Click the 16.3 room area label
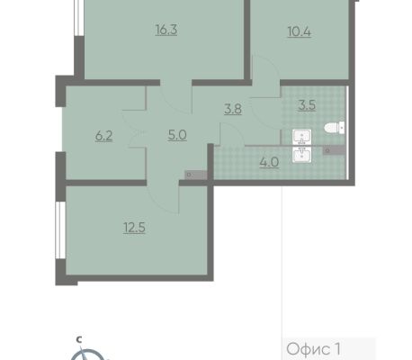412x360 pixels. coord(166,30)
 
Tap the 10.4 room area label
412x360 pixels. coord(299,31)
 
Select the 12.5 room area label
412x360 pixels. coord(134,228)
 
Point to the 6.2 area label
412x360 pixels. coord(103,136)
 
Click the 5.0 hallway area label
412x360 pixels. coord(177,135)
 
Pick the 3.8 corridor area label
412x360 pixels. coord(233,109)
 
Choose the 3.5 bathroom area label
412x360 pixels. coord(307,105)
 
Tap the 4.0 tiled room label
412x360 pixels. coord(269,162)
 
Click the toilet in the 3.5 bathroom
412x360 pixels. coord(335,128)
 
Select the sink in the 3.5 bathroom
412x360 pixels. coord(301,137)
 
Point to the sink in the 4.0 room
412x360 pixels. coord(301,155)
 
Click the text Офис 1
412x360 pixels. coord(313,349)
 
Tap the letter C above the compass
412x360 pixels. coord(79,339)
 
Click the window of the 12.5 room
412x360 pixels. coord(60,229)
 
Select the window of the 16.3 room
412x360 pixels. coord(79,18)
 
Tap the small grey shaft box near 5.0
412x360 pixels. coord(196,175)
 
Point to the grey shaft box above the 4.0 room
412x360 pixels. coord(334,150)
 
